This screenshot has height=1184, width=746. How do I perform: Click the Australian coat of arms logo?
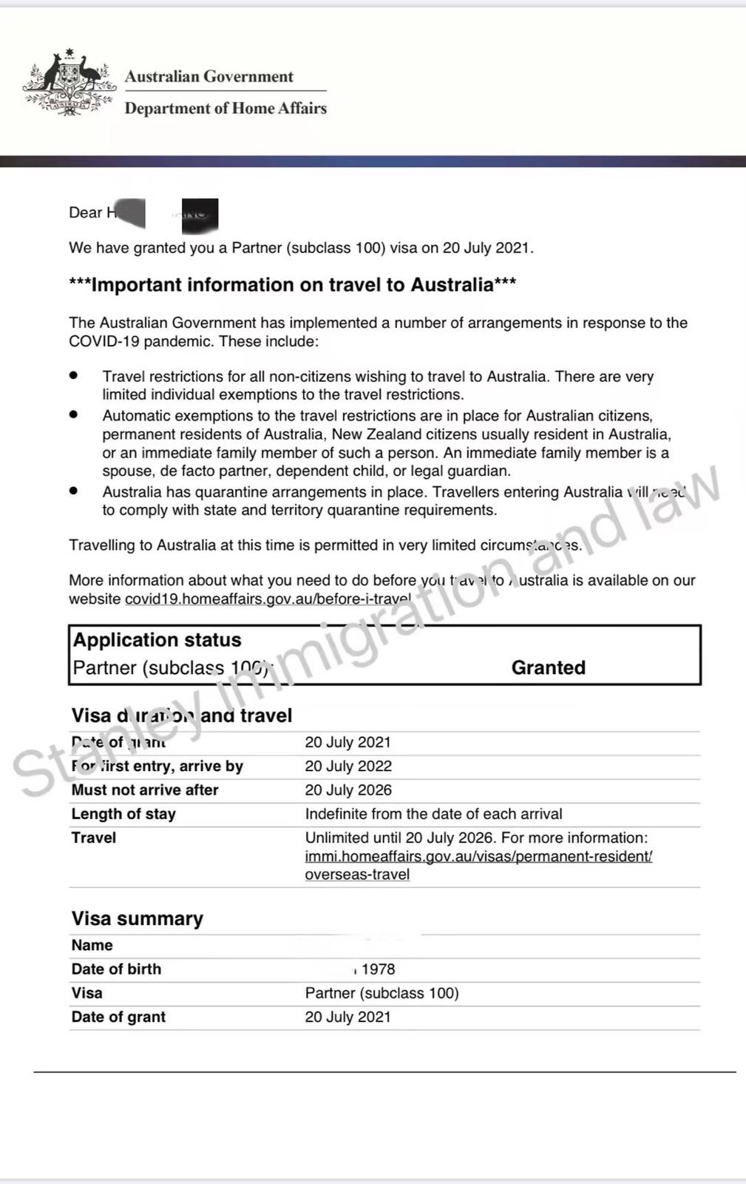(x=69, y=82)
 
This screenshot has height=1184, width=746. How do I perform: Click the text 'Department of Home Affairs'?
(x=226, y=109)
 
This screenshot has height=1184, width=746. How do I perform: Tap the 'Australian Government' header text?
(x=208, y=77)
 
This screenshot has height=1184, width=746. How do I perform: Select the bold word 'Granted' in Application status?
(x=548, y=667)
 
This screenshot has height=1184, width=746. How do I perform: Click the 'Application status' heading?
(x=157, y=640)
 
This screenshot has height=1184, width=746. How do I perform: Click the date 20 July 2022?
(x=348, y=766)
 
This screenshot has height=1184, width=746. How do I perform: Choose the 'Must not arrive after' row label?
(x=144, y=790)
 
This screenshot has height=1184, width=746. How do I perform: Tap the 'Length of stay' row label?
(x=123, y=814)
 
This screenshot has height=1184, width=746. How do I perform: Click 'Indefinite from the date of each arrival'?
(x=433, y=814)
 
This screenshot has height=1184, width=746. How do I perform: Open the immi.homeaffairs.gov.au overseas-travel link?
(x=478, y=856)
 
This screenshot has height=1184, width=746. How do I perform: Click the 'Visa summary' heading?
(x=137, y=918)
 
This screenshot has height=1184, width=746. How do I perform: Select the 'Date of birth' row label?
(x=116, y=969)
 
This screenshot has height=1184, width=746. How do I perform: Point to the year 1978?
(x=378, y=969)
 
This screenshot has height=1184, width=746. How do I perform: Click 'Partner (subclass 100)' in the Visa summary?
(x=382, y=993)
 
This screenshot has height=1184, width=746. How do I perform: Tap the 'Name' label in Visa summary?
(x=92, y=945)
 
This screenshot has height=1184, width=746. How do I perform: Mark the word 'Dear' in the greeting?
(x=85, y=213)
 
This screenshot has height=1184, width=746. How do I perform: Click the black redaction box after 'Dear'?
(x=200, y=213)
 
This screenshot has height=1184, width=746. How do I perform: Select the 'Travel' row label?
(x=93, y=838)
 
